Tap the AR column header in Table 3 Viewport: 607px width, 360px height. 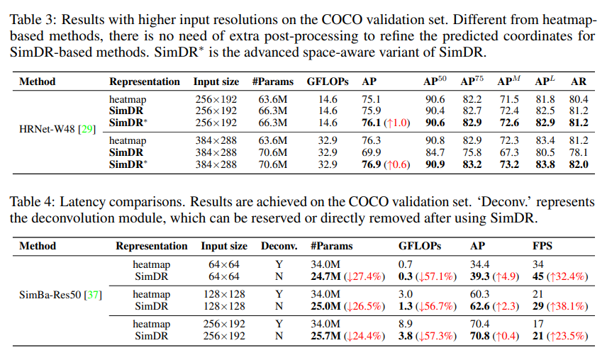coord(579,81)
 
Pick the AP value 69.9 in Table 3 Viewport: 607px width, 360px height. coord(372,152)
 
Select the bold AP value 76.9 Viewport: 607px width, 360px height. coord(372,164)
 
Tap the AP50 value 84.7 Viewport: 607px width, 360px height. coord(435,152)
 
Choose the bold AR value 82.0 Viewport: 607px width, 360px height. coord(579,164)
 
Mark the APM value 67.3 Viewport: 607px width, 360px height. coord(508,152)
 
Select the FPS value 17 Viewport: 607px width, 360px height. coord(538,324)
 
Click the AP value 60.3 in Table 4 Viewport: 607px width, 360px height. coord(480,294)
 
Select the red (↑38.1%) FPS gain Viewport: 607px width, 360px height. coord(567,306)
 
